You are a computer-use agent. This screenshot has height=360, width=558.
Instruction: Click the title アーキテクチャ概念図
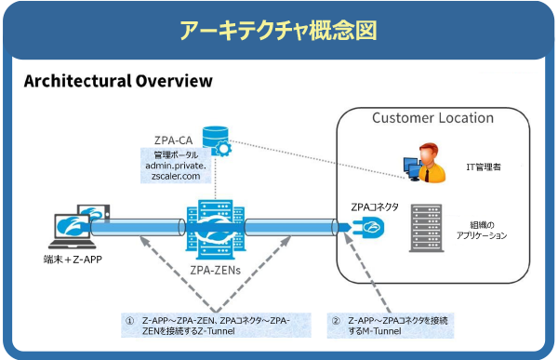tap(278, 31)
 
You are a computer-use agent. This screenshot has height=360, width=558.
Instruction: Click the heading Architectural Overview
tap(118, 81)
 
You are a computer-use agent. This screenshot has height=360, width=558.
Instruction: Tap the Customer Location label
tap(432, 118)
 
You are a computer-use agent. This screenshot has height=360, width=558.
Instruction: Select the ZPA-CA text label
tap(173, 140)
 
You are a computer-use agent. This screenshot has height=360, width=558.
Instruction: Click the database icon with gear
tap(217, 141)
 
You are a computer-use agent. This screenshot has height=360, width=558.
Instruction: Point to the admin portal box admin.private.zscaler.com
tap(176, 166)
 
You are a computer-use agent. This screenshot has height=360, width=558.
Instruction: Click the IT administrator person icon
tap(425, 163)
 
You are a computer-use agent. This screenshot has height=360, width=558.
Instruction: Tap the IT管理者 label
tap(484, 167)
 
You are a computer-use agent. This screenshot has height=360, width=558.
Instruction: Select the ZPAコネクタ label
tap(375, 207)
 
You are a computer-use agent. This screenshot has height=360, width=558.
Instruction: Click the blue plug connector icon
tap(367, 227)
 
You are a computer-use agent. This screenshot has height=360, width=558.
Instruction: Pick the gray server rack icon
tap(426, 228)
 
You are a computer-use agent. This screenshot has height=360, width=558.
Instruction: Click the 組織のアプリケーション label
tap(482, 230)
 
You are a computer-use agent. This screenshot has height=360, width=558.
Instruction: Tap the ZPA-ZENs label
tap(216, 271)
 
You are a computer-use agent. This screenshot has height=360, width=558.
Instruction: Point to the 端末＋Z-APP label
tap(73, 260)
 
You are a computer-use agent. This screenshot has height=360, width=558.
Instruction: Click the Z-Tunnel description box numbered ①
tap(216, 325)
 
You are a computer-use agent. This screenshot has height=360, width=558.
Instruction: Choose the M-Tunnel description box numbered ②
tap(391, 326)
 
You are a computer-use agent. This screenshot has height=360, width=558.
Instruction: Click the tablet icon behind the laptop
tap(94, 213)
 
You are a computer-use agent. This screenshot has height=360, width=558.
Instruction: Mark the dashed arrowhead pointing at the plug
tap(348, 238)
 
